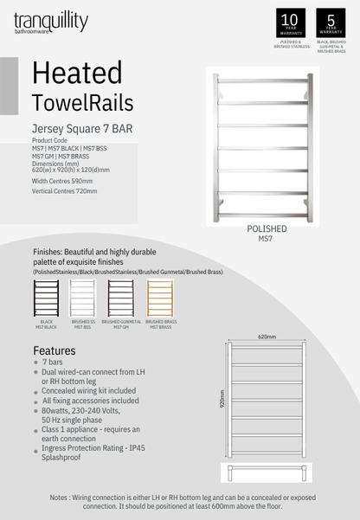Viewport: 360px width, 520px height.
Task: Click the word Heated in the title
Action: [76, 72]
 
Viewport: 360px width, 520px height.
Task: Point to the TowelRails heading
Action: [82, 103]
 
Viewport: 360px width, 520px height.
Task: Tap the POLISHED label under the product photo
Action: [267, 228]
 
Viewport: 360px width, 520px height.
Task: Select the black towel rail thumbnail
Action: [47, 298]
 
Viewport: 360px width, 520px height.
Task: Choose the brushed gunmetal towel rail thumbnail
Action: [122, 298]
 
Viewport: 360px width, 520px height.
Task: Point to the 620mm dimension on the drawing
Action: [266, 337]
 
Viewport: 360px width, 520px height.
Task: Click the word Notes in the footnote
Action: [61, 498]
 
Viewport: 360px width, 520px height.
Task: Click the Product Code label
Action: [49, 140]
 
